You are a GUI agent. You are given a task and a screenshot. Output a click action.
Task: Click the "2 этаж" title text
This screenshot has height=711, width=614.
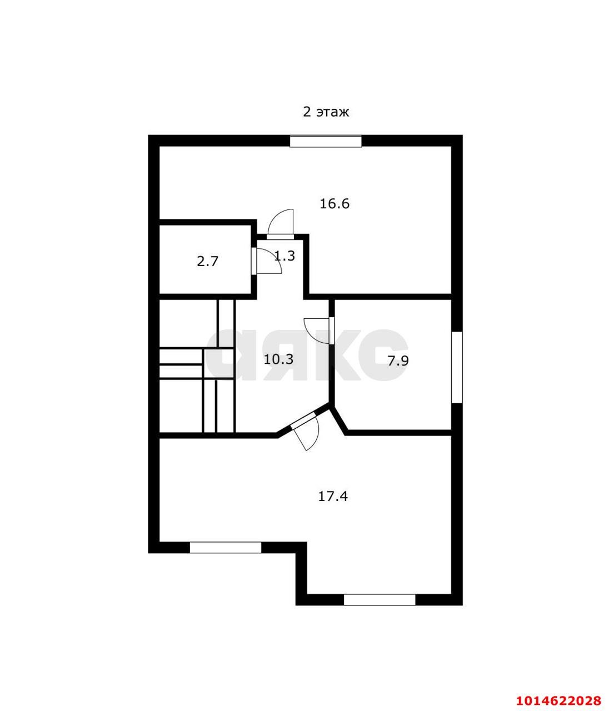click(326, 112)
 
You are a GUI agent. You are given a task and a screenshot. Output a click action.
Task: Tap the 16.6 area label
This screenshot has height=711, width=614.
click(335, 204)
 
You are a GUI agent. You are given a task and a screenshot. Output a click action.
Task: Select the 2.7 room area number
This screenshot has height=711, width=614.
click(207, 262)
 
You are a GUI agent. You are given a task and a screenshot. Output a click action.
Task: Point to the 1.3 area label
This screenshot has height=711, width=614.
click(285, 256)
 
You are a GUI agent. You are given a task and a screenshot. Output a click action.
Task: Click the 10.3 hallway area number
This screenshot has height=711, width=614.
click(278, 359)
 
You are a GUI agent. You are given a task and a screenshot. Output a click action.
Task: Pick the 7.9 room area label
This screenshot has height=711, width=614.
click(398, 361)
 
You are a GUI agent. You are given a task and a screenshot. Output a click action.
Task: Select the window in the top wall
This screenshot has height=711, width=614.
click(326, 142)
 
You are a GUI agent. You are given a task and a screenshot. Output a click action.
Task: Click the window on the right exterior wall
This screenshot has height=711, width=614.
click(457, 367)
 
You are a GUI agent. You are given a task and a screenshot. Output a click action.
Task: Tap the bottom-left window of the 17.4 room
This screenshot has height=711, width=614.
click(226, 548)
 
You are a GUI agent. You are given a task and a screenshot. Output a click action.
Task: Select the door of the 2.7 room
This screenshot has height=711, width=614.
click(266, 261)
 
